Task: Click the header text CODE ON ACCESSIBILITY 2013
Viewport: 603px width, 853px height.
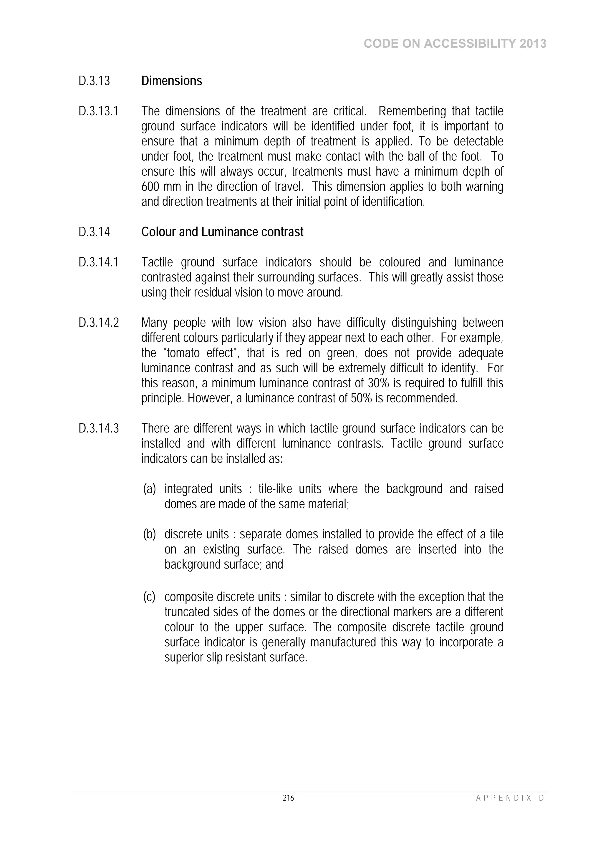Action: click(455, 44)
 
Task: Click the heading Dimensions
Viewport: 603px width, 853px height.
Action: click(172, 81)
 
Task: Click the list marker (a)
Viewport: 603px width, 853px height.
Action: click(150, 489)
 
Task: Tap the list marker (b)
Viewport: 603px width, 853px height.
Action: click(150, 534)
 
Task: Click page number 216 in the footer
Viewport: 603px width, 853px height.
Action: click(288, 798)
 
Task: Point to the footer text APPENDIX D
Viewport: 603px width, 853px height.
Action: click(510, 798)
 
